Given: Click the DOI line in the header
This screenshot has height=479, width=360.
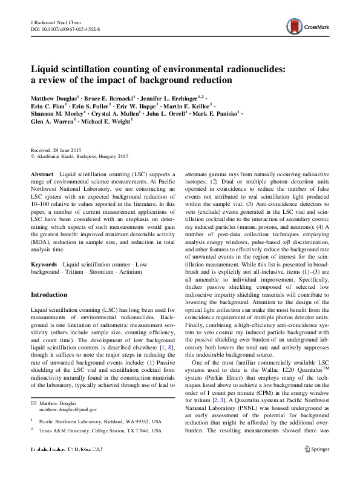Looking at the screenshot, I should (65, 28).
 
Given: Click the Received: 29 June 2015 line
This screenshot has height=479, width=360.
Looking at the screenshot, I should (56, 150).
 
